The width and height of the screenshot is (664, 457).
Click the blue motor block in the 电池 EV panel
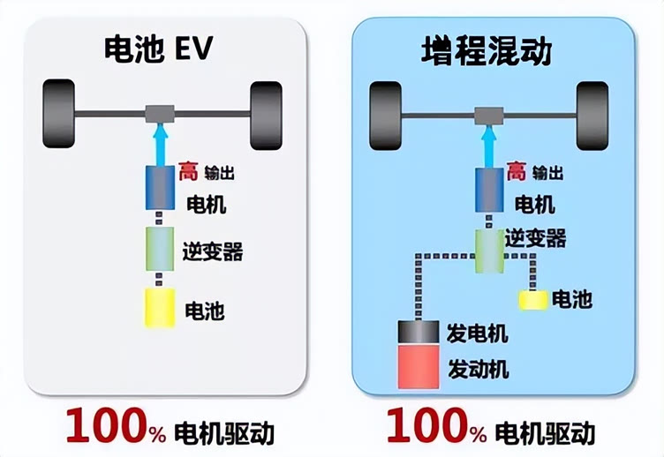(162, 188)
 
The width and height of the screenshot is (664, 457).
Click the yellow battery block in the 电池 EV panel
(162, 309)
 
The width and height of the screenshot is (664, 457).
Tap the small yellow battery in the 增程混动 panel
(532, 300)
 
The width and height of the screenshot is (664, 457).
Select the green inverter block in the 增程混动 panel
(488, 250)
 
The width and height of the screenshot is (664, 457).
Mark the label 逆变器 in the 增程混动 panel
(535, 238)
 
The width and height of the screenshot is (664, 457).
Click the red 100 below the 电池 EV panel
(105, 428)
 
